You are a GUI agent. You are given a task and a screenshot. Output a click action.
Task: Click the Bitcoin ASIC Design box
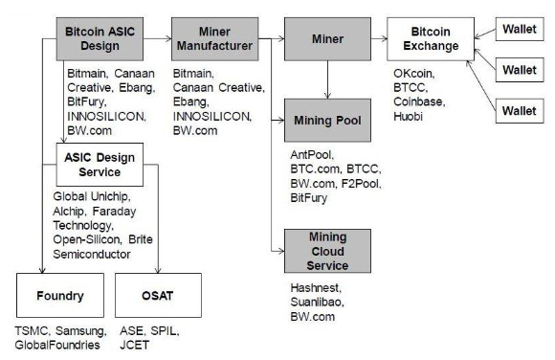coord(100,39)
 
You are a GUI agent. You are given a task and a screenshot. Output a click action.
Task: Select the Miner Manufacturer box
coord(215,39)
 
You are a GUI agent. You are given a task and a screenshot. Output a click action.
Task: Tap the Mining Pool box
coord(328,121)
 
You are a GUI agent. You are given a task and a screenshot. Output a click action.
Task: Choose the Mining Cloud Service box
coord(328,251)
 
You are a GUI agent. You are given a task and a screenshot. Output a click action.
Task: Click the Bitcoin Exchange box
coord(431,39)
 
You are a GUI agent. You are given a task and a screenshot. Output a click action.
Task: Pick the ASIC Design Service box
coord(100,165)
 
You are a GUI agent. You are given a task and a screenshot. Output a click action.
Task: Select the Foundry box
coord(60,295)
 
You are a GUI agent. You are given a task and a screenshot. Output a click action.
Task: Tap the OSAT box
coord(158,295)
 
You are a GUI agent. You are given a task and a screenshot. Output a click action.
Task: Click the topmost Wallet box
coord(520,29)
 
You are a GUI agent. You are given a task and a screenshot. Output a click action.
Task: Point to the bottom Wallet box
coord(520,111)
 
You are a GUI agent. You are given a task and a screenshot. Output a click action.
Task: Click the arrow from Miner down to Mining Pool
coord(328,79)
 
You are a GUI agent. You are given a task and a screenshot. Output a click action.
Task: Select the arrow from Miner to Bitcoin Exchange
coord(379,38)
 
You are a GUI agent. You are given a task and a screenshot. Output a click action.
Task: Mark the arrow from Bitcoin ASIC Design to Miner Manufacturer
coord(158,38)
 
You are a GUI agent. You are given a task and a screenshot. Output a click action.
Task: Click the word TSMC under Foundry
coord(32,331)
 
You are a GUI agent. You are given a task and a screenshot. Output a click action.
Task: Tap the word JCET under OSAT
coord(135,345)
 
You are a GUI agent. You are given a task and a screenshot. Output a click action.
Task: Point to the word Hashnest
coord(316,288)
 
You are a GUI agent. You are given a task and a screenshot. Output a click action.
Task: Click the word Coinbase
coord(419,102)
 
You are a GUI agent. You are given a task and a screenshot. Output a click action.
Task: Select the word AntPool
coord(312,155)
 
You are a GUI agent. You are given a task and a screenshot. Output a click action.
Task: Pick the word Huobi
coord(408,116)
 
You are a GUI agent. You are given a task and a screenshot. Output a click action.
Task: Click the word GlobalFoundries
coord(57,345)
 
